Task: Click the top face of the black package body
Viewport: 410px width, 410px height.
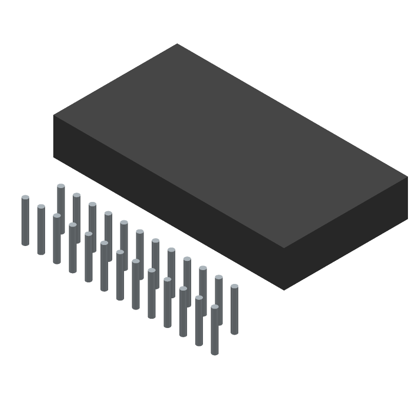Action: (x=231, y=146)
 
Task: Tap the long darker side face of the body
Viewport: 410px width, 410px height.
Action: (x=169, y=200)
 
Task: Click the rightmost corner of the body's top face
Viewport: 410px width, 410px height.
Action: (x=407, y=177)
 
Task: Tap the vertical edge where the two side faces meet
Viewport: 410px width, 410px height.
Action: (x=284, y=269)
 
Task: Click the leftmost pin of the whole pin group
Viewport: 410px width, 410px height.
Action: (x=25, y=220)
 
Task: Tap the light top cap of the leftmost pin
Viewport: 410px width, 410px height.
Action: (x=25, y=197)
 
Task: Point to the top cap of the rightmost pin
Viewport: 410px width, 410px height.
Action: (x=234, y=286)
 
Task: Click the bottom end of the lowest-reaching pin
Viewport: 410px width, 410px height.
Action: (x=215, y=353)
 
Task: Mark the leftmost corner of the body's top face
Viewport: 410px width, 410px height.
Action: (x=54, y=115)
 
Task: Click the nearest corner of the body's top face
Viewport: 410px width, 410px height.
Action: (x=284, y=248)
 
